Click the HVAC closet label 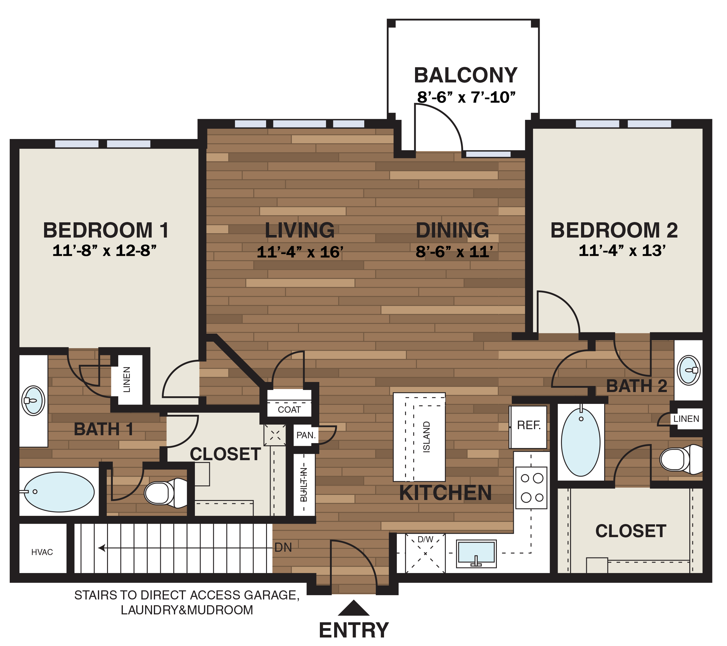(x=42, y=552)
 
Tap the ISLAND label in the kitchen (x=427, y=437)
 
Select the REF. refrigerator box (x=528, y=426)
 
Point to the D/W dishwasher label (x=425, y=540)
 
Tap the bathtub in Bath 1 (x=59, y=492)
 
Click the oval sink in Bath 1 (x=33, y=401)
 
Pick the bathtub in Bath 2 (x=580, y=442)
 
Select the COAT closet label (x=289, y=410)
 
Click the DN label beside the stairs (x=283, y=547)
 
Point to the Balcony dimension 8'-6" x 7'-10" (x=466, y=97)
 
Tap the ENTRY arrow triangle (x=354, y=608)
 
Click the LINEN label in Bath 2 (x=686, y=419)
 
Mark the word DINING (x=452, y=230)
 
